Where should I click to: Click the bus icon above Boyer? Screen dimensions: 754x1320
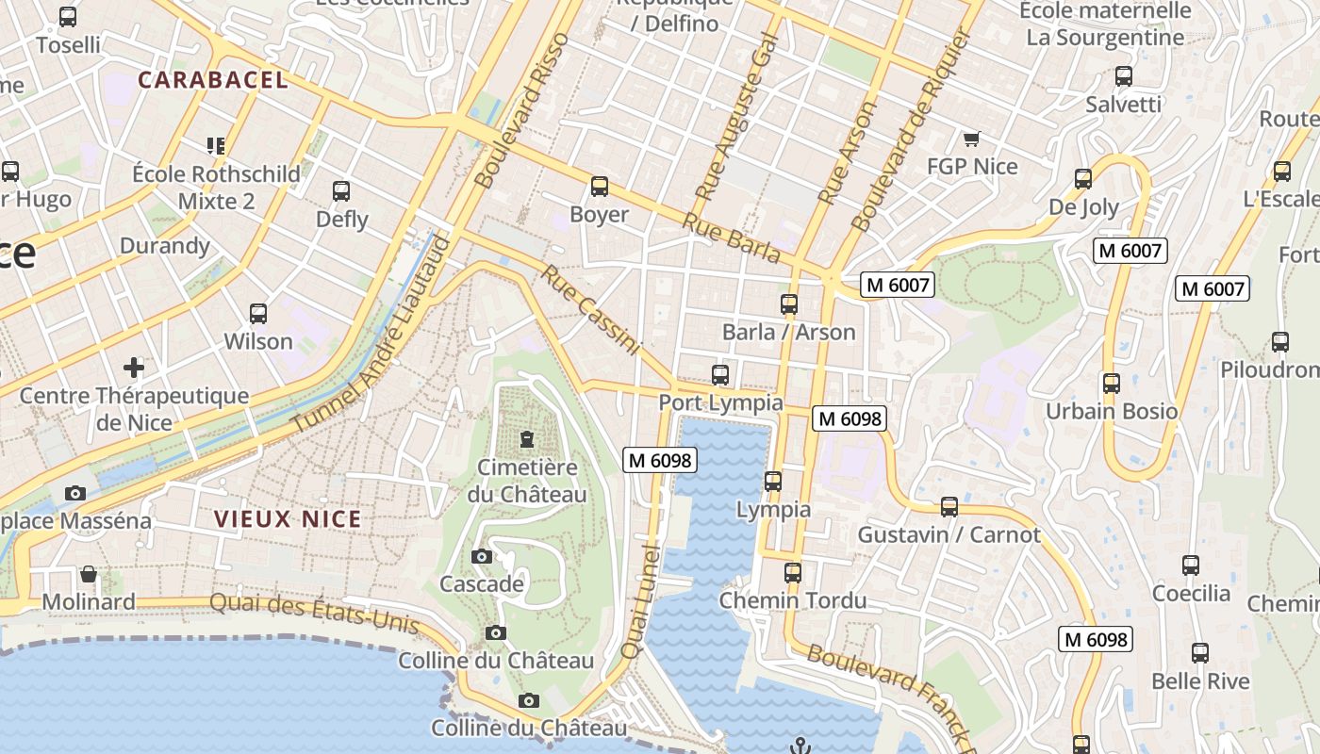point(599,187)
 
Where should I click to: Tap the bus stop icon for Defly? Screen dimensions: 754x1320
point(341,191)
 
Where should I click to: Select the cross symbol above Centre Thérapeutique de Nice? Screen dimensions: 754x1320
point(134,367)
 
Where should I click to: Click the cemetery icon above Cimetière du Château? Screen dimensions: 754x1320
point(526,439)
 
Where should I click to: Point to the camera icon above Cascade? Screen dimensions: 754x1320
point(482,556)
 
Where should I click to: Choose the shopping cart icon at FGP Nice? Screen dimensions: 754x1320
point(971,139)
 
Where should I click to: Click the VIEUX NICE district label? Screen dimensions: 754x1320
point(288,519)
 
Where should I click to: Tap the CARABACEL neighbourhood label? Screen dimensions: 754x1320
point(213,80)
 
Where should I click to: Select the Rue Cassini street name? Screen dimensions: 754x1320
point(590,310)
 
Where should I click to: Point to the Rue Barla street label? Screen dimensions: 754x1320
point(731,238)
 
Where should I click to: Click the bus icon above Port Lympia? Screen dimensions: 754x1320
point(720,375)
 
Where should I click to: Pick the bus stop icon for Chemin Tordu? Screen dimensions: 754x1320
point(793,573)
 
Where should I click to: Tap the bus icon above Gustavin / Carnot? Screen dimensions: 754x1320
point(949,507)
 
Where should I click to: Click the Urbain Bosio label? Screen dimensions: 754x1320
point(1112,411)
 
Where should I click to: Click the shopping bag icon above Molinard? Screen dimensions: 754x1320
point(89,574)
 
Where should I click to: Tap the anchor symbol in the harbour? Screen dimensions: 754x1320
point(800,746)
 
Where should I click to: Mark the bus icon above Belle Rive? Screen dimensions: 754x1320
point(1200,653)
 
